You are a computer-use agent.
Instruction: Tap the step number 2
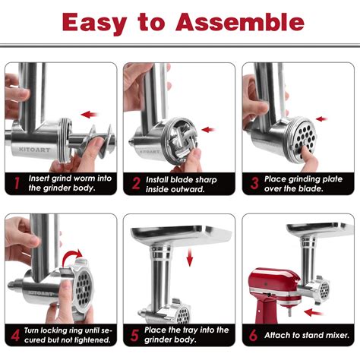pyautogui.click(x=135, y=183)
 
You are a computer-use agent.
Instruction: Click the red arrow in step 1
pyautogui.click(x=90, y=115)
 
